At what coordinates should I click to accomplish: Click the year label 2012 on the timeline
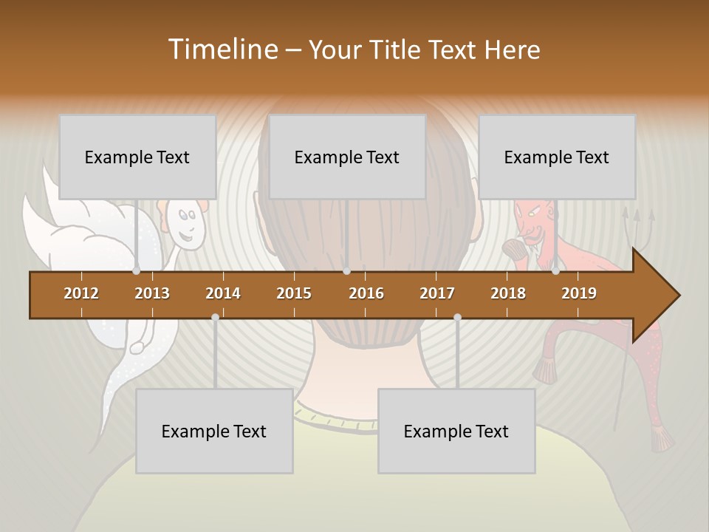tap(81, 293)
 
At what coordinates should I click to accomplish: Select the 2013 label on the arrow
tap(152, 293)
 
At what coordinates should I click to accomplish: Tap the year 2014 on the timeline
tap(223, 293)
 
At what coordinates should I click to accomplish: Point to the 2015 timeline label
tap(294, 293)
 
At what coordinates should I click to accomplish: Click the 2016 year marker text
tap(366, 293)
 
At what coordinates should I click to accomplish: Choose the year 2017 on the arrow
tap(437, 293)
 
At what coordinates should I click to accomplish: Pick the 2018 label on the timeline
tap(508, 293)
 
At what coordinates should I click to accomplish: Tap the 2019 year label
tap(579, 293)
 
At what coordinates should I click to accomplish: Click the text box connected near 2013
tap(137, 157)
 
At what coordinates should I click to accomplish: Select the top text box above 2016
tap(347, 157)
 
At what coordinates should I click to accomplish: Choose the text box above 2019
tap(557, 157)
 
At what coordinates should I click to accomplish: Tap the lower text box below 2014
tap(214, 431)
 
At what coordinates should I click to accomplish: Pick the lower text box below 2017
tap(456, 431)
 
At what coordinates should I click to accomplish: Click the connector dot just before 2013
tap(137, 271)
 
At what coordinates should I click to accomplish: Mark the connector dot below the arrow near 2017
tap(457, 317)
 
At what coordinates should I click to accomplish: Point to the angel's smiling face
tap(185, 225)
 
